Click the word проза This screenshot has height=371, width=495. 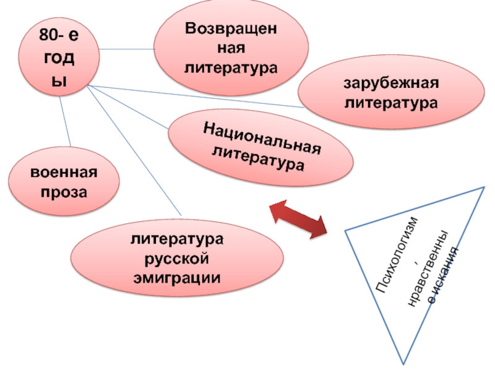[x=65, y=192]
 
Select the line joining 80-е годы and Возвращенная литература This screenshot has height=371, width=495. [x=127, y=49]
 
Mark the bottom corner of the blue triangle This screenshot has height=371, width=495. [x=406, y=362]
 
